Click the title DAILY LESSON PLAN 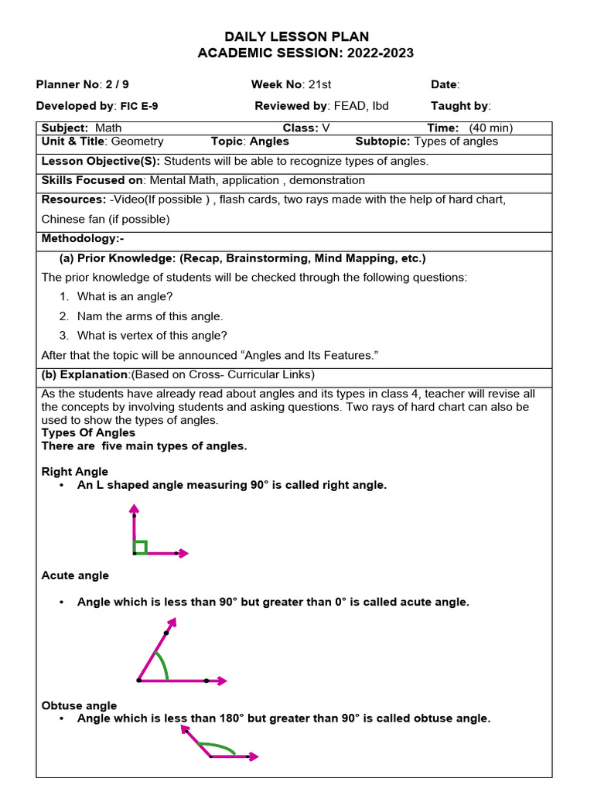[296, 36]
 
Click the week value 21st [319, 84]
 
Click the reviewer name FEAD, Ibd [360, 106]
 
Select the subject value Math [108, 128]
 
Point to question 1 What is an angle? [125, 296]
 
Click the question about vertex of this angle [152, 335]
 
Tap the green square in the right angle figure [140, 548]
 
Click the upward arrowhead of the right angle [135, 507]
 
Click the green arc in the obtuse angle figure [218, 747]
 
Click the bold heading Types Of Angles [88, 433]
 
